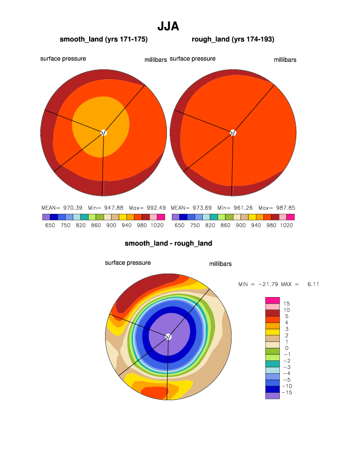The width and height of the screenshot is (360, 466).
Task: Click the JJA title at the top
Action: pyautogui.click(x=168, y=26)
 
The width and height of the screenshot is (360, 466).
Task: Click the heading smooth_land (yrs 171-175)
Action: pyautogui.click(x=104, y=39)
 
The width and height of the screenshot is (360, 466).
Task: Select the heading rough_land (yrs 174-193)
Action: pyautogui.click(x=233, y=39)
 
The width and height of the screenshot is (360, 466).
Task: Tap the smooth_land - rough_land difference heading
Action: pyautogui.click(x=168, y=243)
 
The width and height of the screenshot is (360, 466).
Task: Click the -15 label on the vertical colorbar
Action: pyautogui.click(x=287, y=393)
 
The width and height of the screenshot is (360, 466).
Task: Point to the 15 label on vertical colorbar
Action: pyautogui.click(x=287, y=304)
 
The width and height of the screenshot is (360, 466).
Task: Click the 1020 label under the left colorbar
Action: pyautogui.click(x=157, y=225)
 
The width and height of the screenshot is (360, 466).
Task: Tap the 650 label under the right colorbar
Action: pyautogui.click(x=180, y=225)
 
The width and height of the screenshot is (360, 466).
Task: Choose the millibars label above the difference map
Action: pyautogui.click(x=220, y=264)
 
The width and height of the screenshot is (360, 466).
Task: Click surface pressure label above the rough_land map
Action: pyautogui.click(x=193, y=59)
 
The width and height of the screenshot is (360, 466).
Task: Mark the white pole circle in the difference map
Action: pyautogui.click(x=168, y=336)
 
